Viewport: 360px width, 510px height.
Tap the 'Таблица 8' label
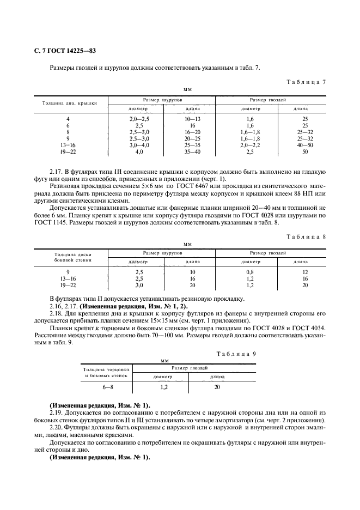[x=306, y=222]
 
